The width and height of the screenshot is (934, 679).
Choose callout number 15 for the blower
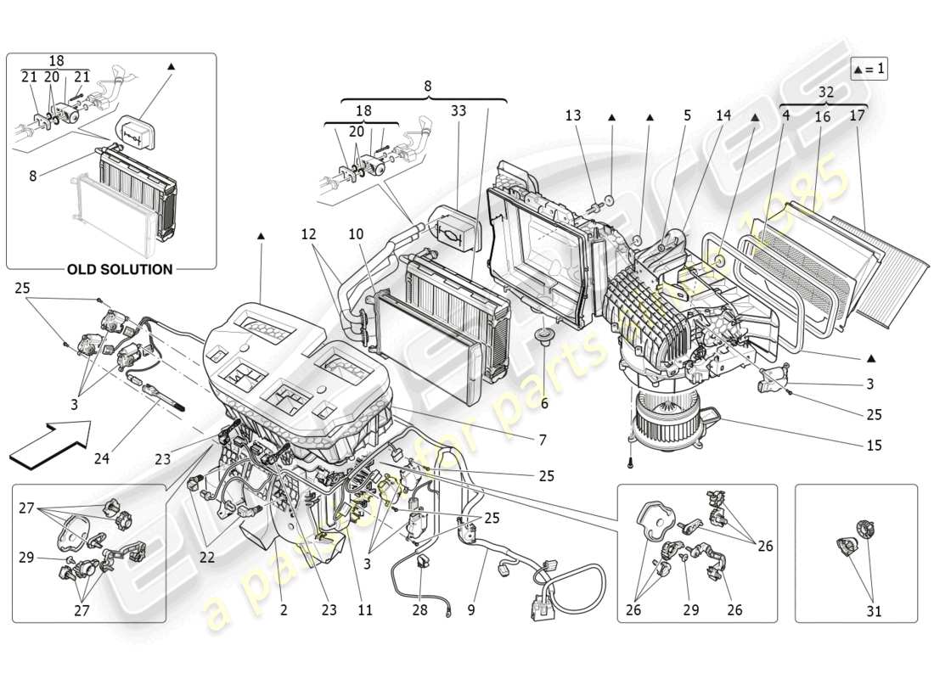(x=875, y=445)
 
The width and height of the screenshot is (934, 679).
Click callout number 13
(x=573, y=115)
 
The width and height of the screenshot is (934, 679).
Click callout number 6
(x=544, y=403)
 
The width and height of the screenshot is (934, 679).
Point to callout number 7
(x=541, y=441)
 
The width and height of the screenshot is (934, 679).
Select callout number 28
(x=419, y=609)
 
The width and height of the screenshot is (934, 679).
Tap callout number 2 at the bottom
(x=284, y=609)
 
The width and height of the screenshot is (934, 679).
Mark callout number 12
(x=307, y=233)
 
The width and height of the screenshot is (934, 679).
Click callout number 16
(x=822, y=116)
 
